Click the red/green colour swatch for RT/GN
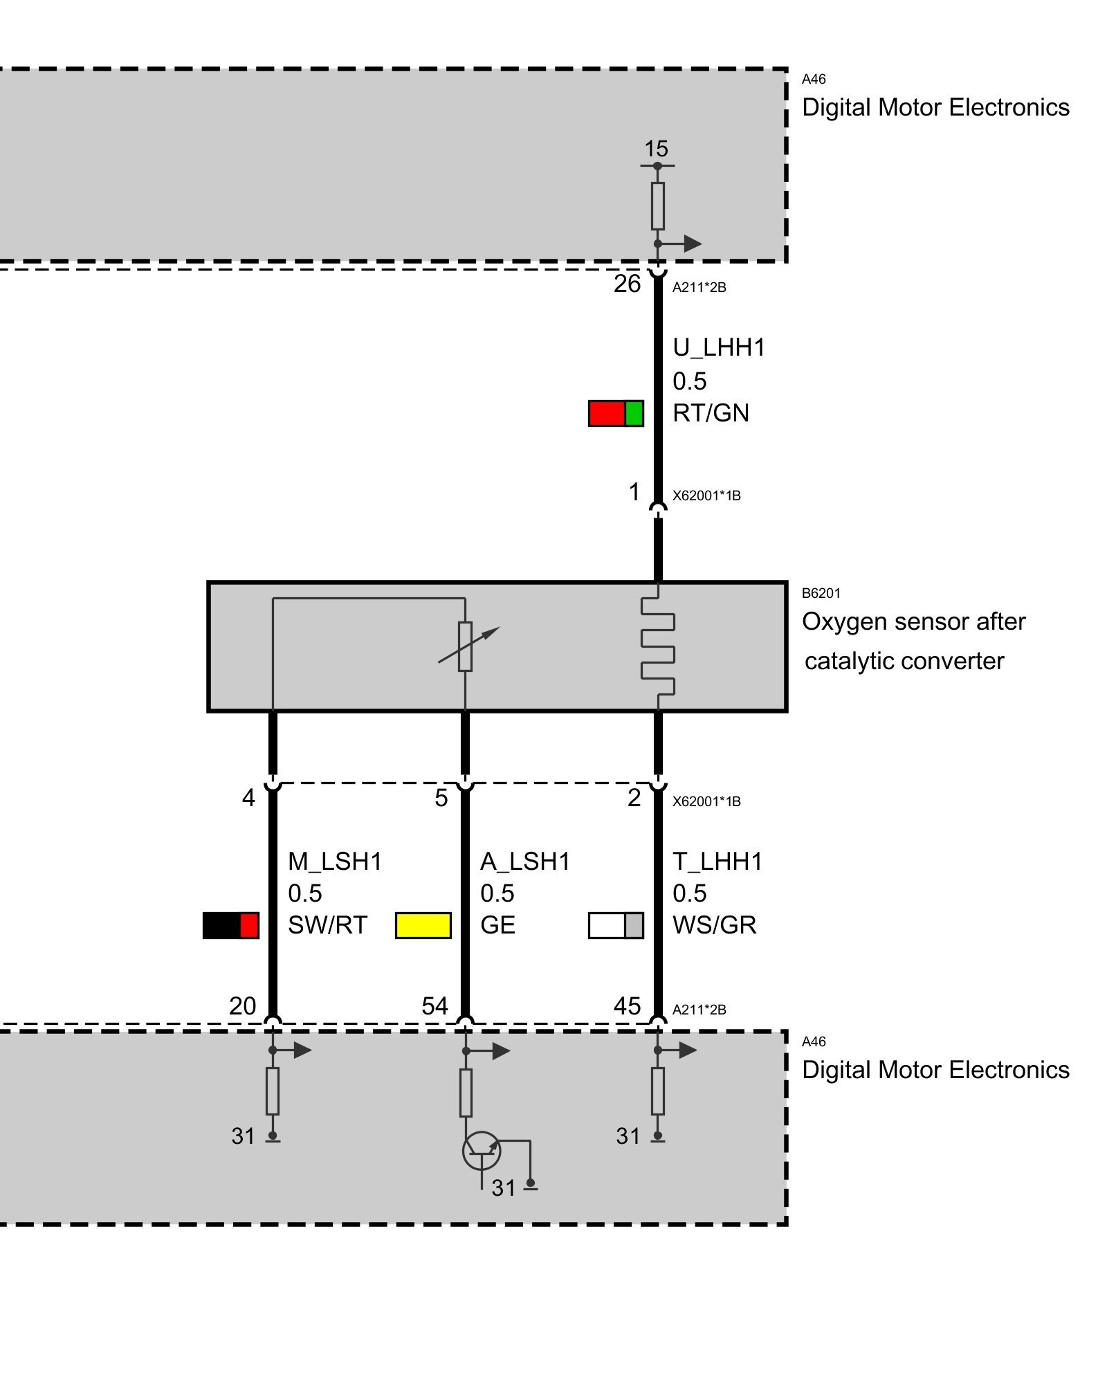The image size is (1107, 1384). coord(616,413)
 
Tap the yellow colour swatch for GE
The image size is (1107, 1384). coord(423,925)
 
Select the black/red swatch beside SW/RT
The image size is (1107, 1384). coord(230,925)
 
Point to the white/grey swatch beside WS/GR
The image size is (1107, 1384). coord(616,925)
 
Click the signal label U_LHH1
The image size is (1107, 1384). coord(719,347)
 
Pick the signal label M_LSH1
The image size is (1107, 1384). coord(335,862)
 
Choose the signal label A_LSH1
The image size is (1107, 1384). coord(525,862)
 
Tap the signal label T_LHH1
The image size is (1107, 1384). coord(717,862)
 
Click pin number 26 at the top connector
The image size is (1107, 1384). coord(627,284)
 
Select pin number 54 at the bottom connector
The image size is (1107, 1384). coord(434,1005)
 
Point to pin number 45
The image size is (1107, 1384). coord(627,1005)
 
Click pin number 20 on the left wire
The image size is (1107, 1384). coord(242,1005)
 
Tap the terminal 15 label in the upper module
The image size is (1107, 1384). coord(656,149)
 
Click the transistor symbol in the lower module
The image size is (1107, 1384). coord(481,1151)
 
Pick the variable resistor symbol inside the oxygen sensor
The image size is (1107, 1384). coord(466,646)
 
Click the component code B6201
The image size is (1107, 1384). coord(821,593)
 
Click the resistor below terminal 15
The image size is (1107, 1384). coord(657,206)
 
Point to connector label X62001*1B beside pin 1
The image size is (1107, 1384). coord(706,495)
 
